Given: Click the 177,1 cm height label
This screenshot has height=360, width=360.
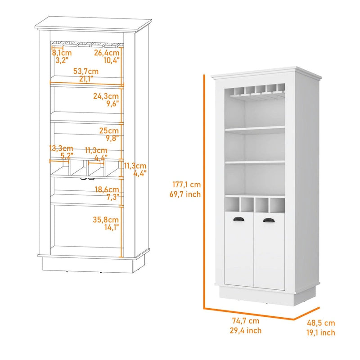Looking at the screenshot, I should click(186, 184).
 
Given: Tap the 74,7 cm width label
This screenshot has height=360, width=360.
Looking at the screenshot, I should click(246, 321).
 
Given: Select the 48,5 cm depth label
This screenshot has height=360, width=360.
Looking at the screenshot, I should click(321, 323).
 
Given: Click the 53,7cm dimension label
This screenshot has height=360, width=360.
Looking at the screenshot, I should click(86, 71).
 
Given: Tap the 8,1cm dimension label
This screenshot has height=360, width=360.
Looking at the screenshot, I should click(62, 53).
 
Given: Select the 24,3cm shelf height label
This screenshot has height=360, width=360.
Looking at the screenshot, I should click(106, 96).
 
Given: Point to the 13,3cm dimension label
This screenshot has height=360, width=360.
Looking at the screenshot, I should click(61, 148).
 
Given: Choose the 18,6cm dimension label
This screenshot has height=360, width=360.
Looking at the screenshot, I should click(107, 190).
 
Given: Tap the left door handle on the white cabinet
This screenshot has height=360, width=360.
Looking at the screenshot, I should click(238, 219).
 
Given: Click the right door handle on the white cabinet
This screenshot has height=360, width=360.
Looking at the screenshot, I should click(268, 220).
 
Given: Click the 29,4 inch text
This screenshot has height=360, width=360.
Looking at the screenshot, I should click(246, 331).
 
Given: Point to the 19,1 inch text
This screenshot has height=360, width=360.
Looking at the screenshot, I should click(321, 333).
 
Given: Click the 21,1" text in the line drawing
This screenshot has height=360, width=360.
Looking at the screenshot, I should click(86, 79).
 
